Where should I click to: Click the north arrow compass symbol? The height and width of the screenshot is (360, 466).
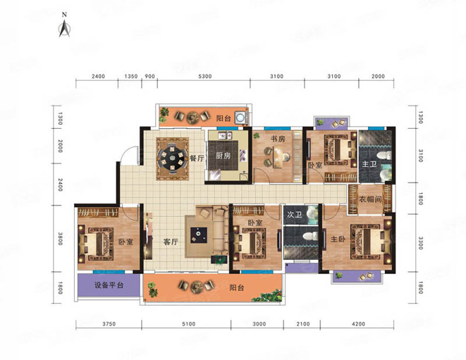(64, 27)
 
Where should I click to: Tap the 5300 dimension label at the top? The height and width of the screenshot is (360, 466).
(205, 76)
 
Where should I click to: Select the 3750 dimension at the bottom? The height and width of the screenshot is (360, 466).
(109, 324)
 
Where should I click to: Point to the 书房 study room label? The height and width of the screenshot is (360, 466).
(278, 139)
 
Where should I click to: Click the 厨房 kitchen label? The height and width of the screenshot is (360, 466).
(223, 155)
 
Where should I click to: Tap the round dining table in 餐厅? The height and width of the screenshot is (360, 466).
(172, 158)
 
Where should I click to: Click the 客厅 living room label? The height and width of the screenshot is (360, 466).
(171, 242)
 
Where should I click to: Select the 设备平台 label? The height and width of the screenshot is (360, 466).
(109, 285)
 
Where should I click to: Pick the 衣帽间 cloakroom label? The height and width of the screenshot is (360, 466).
(370, 199)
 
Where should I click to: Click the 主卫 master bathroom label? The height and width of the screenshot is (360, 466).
(369, 164)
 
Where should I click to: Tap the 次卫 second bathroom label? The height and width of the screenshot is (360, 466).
(294, 214)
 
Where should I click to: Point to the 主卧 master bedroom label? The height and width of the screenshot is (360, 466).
(338, 239)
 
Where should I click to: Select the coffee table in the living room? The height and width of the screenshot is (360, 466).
(199, 235)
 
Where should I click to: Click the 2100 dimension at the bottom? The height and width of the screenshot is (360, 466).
(303, 324)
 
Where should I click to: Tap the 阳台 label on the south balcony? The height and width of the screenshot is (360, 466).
(237, 288)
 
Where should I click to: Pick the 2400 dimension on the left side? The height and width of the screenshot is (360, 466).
(61, 185)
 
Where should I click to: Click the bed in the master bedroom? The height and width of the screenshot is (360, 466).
(371, 242)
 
